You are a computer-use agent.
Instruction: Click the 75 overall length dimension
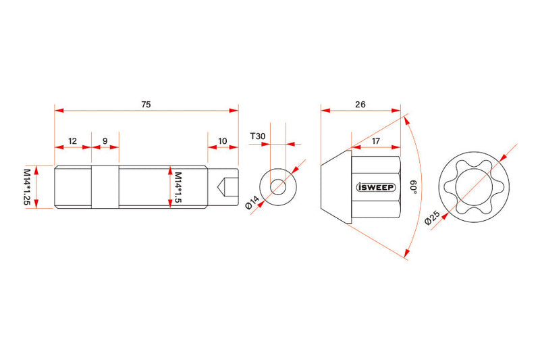(x=146, y=104)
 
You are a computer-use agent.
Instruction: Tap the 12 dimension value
(x=72, y=141)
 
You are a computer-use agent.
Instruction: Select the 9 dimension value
(x=105, y=141)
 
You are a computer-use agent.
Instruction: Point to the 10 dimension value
(x=223, y=141)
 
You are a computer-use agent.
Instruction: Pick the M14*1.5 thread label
(x=178, y=187)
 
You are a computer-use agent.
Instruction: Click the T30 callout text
(x=258, y=136)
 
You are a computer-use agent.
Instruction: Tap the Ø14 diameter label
(x=252, y=202)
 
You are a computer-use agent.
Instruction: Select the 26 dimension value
(x=360, y=104)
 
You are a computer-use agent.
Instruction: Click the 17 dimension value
(x=376, y=141)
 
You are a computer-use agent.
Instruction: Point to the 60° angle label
(x=413, y=186)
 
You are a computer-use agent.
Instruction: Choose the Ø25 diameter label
(x=432, y=217)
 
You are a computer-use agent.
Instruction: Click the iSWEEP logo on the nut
(x=376, y=186)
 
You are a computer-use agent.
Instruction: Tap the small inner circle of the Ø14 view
(x=278, y=187)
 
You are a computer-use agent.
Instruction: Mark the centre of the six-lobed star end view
(x=474, y=187)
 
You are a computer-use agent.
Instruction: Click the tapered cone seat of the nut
(x=336, y=187)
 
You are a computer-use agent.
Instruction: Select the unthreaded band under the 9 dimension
(x=105, y=187)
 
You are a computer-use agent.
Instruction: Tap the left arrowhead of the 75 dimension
(x=59, y=111)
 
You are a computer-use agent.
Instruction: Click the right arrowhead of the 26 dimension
(x=396, y=111)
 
